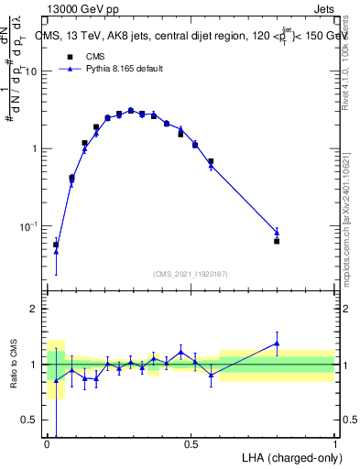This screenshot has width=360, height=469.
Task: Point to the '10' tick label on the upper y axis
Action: [x=31, y=71]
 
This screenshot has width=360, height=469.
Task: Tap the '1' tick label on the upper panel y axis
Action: [x=35, y=148]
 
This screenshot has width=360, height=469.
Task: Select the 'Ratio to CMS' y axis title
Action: [x=14, y=364]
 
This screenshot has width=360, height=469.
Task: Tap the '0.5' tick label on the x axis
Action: [x=191, y=444]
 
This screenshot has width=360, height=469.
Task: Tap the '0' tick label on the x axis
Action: [x=47, y=444]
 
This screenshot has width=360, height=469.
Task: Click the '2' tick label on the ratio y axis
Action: [x=33, y=309]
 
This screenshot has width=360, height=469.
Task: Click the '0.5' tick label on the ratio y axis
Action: [x=28, y=420]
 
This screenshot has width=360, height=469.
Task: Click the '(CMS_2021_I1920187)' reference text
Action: [x=191, y=273]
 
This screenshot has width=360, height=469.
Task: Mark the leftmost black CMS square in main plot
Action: [x=56, y=245]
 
